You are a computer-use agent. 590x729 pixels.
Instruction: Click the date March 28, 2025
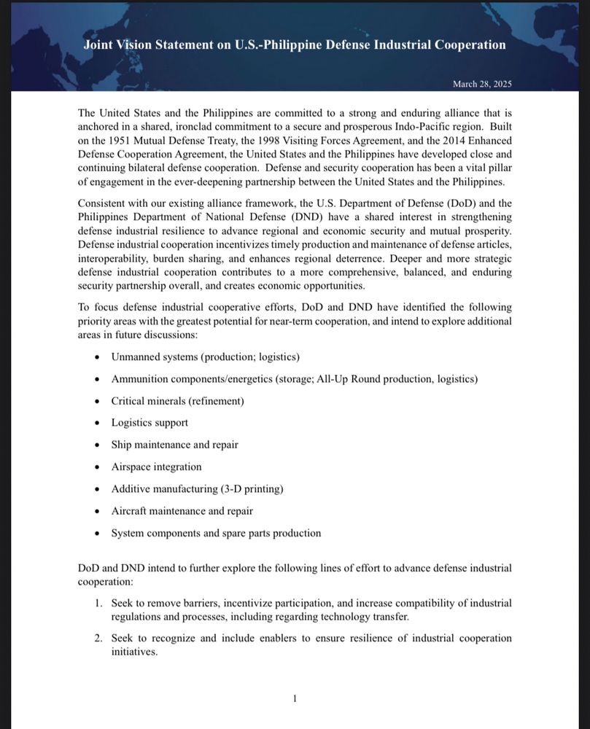(482, 84)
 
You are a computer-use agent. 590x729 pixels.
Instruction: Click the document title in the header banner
(295, 44)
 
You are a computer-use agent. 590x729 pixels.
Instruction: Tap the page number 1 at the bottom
(295, 699)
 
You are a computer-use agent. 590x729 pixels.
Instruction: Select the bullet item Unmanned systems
(205, 356)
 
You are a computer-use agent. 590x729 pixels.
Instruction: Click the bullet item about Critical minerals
(177, 401)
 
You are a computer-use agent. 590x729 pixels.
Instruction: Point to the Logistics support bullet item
(150, 423)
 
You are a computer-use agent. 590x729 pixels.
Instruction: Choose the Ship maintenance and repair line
(174, 445)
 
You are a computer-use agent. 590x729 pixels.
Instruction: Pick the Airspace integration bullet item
(156, 467)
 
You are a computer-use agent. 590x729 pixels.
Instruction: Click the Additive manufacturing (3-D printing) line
(197, 488)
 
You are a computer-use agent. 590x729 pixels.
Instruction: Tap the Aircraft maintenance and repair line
(182, 511)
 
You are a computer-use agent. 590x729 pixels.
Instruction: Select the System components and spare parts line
(216, 533)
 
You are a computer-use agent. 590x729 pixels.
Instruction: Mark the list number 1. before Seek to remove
(98, 604)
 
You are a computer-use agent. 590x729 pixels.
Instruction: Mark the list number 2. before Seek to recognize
(98, 638)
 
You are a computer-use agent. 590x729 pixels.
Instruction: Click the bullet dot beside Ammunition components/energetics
(98, 379)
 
